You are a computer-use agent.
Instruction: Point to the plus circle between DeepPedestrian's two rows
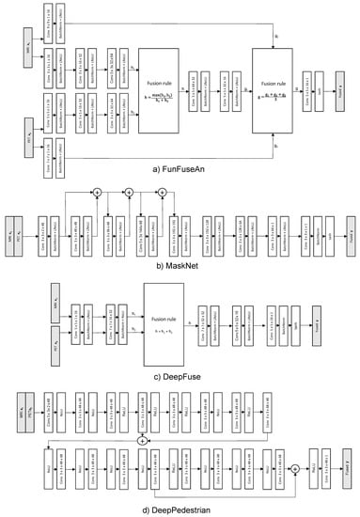[142, 440]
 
